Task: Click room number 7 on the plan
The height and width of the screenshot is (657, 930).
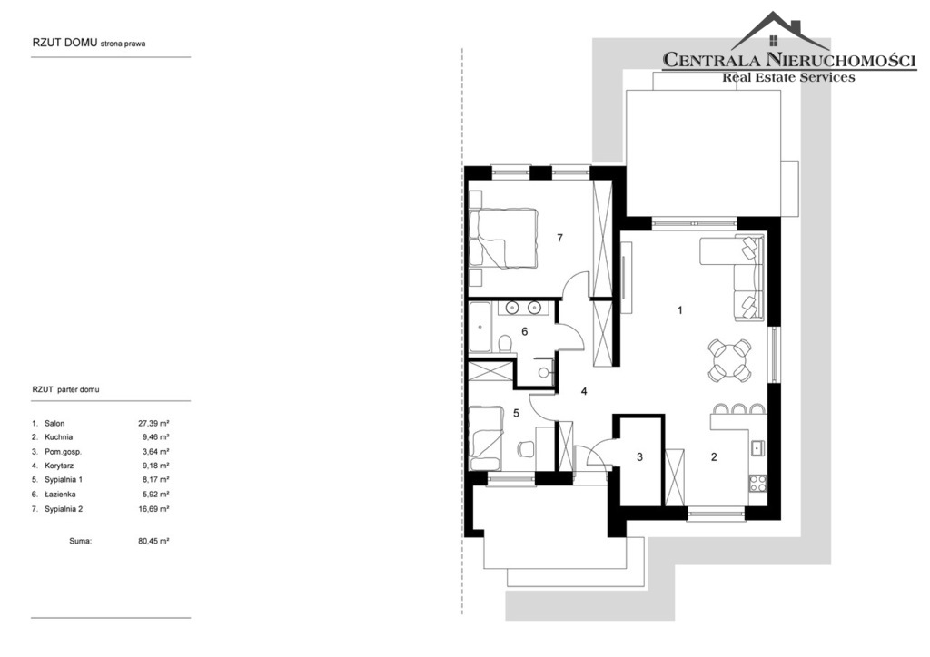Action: (x=559, y=238)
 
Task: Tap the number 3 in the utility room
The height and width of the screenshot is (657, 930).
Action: (x=639, y=457)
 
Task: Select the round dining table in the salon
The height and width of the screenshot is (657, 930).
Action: (x=729, y=359)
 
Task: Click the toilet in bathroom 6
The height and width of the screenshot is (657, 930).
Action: (x=505, y=344)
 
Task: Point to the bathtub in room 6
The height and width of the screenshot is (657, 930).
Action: (x=480, y=328)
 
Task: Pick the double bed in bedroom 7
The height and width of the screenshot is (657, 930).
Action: (x=503, y=238)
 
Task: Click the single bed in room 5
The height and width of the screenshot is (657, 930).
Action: (x=486, y=437)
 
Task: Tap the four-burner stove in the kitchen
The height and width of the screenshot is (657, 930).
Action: (x=757, y=484)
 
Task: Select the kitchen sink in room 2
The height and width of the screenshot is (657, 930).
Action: (x=757, y=447)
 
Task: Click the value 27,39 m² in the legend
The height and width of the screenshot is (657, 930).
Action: (x=153, y=423)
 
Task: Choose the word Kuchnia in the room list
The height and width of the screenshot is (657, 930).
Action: (x=59, y=437)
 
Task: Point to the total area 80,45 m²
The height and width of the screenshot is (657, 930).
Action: (x=153, y=541)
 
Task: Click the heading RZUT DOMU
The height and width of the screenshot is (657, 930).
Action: (x=65, y=44)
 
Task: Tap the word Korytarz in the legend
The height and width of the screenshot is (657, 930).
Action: (x=59, y=466)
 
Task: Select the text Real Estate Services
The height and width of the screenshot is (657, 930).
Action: (x=788, y=77)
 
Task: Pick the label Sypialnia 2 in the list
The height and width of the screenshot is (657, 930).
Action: (x=64, y=509)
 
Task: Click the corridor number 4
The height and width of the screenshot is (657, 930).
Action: (x=584, y=392)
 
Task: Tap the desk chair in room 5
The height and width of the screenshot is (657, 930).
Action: (x=524, y=449)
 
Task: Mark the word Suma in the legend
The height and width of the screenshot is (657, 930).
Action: (x=81, y=541)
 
